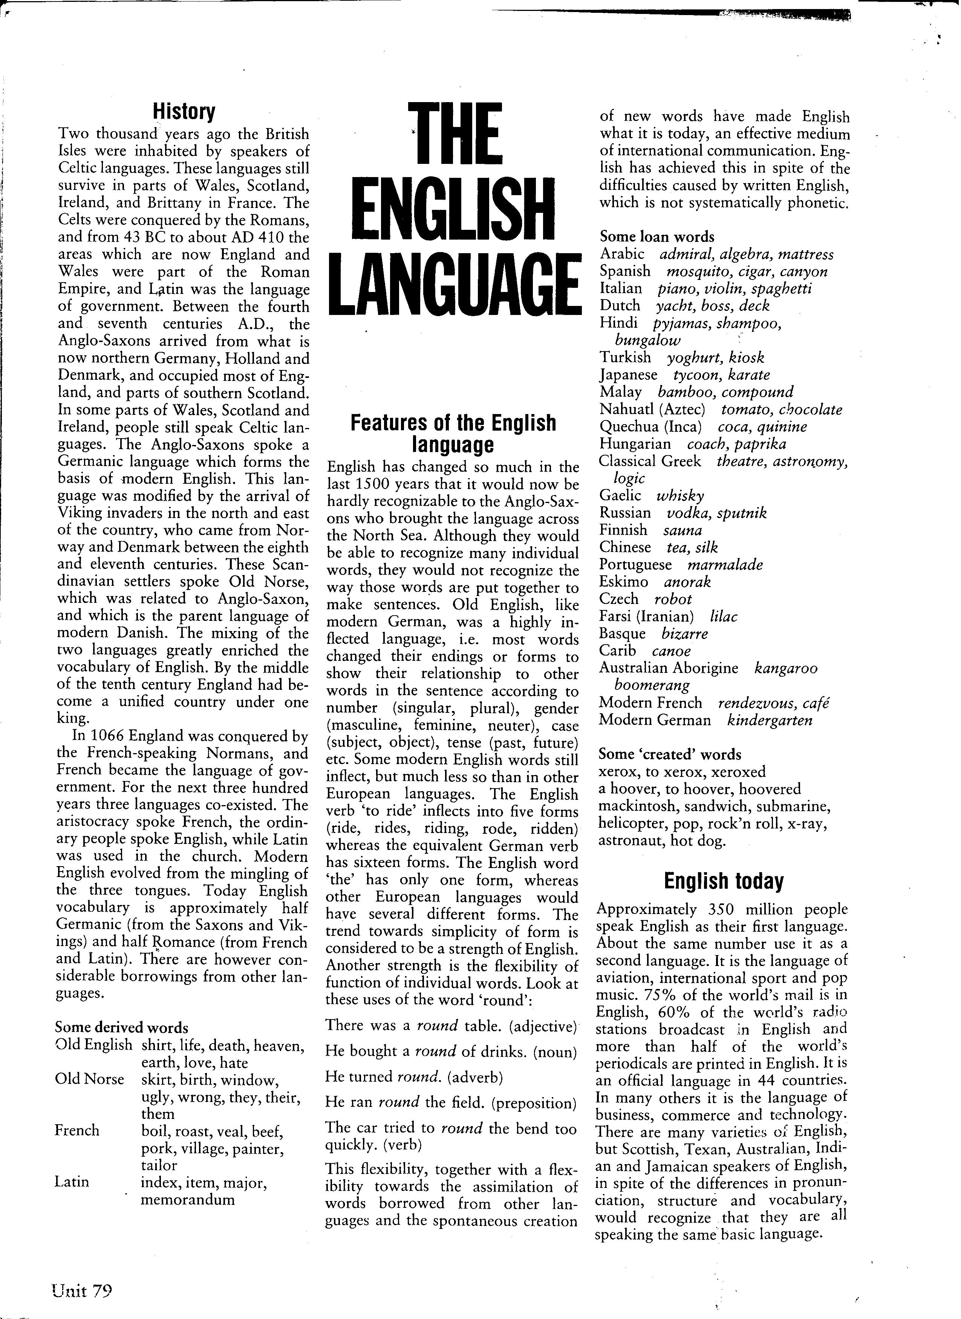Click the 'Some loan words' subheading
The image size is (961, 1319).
657,237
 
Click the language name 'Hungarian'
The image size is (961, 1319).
635,444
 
